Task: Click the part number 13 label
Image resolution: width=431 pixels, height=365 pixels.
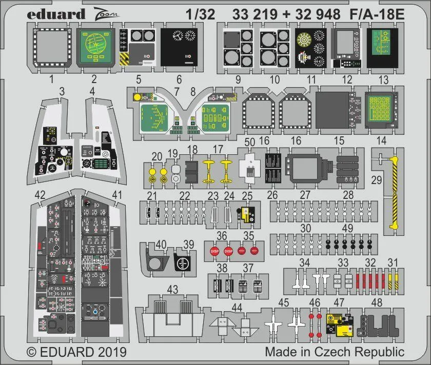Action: coord(383,79)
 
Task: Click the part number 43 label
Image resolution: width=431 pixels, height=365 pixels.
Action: coord(172,290)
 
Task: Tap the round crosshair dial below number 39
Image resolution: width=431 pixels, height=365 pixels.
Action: coord(181,264)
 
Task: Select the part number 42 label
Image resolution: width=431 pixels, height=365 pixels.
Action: coord(40,194)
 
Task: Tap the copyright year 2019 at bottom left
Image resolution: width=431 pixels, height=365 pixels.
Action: coord(110,353)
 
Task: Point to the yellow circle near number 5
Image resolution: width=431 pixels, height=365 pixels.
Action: coord(136,96)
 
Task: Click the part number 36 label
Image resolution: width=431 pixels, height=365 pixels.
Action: coord(222,236)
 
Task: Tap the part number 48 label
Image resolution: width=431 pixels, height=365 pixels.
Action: coord(377,302)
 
